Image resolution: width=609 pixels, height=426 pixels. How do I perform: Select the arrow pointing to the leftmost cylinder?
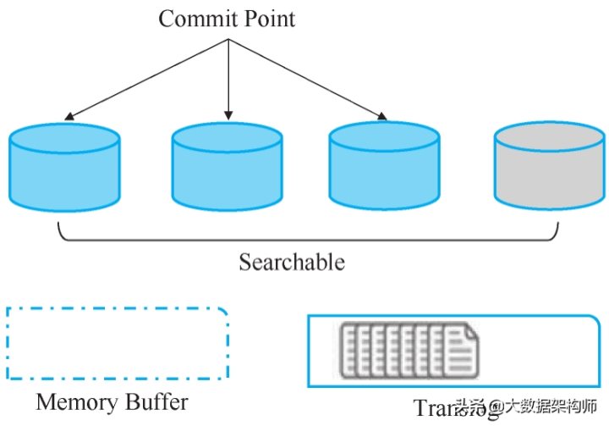[x=144, y=81]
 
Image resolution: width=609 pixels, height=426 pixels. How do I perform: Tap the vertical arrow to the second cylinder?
[x=228, y=80]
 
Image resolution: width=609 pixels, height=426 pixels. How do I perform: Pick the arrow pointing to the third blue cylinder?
[x=309, y=81]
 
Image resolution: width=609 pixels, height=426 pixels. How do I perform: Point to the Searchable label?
[x=292, y=262]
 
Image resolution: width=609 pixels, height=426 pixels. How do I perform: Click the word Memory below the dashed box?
[x=78, y=401]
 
